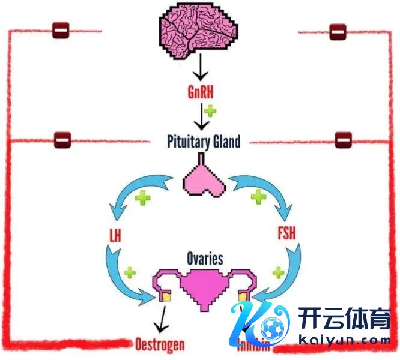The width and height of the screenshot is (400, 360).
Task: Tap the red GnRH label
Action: click(x=200, y=92)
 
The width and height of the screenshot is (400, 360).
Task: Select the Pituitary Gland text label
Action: click(x=204, y=142)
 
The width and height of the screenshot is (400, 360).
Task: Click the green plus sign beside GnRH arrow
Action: click(x=210, y=110)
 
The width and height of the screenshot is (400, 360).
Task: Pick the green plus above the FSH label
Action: click(x=258, y=196)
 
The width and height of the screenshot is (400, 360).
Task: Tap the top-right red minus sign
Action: click(x=338, y=31)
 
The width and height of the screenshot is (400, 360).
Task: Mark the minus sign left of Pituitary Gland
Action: click(x=62, y=139)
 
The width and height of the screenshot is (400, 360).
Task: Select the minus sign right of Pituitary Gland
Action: click(x=343, y=139)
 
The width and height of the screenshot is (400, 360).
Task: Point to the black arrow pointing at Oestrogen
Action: click(x=160, y=320)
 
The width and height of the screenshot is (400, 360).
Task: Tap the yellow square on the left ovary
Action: click(x=164, y=296)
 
